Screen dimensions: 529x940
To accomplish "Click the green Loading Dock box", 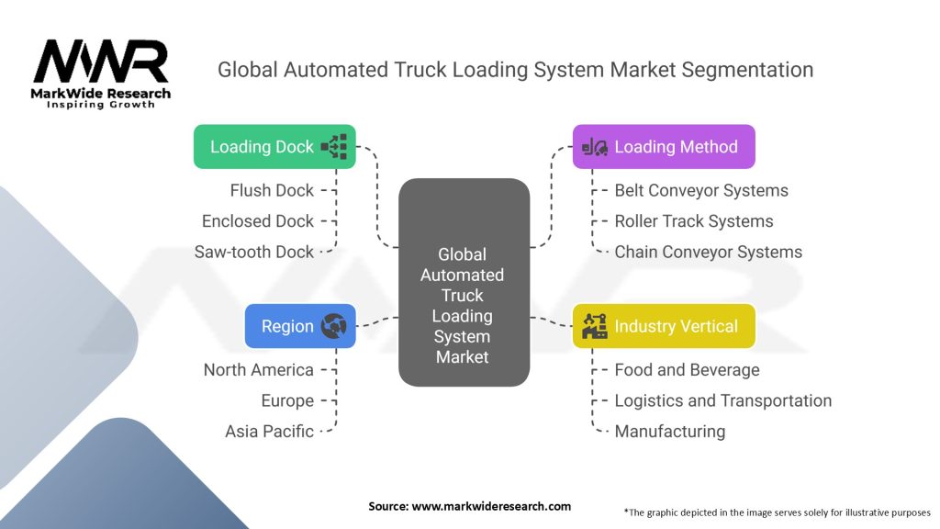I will point(274,147).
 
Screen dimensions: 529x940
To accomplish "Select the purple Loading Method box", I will point(664,147).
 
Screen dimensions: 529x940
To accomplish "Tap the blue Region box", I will point(299,326).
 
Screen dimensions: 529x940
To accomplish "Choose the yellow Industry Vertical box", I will point(664,326).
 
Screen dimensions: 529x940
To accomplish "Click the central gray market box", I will point(464,282).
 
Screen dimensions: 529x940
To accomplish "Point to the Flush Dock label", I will point(272,190).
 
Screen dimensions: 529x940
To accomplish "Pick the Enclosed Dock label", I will point(258,221).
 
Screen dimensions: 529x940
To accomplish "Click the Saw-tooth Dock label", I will point(254,252).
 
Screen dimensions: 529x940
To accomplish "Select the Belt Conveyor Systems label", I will point(701,190).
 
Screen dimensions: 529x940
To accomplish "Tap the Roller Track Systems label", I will point(694,221).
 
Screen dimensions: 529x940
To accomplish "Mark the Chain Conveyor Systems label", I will point(708,252).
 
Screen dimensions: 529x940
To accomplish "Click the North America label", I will point(259,370).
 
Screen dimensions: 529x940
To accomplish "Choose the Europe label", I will point(287,400).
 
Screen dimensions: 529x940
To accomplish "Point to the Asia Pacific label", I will point(269,431).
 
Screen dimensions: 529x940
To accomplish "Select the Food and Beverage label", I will point(687,370).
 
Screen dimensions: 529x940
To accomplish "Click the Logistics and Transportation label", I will point(722,400).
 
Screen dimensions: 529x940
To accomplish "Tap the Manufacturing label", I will point(669,431).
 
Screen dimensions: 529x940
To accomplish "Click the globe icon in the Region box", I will point(332,326).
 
